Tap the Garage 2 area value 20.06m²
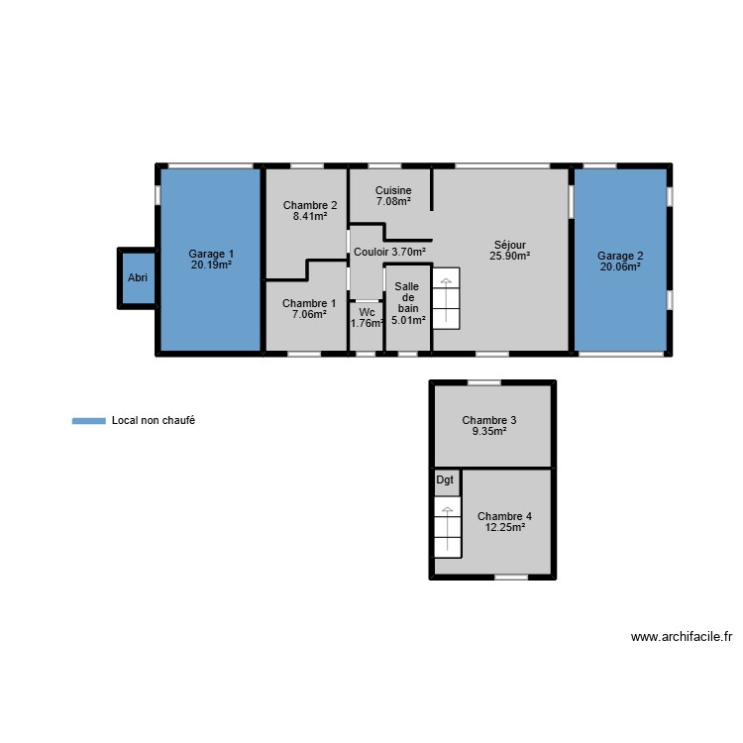tap(620, 266)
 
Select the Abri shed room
tap(138, 278)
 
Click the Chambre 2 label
tap(310, 206)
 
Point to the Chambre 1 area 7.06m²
tap(309, 315)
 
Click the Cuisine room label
tap(393, 190)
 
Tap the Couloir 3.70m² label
tap(389, 252)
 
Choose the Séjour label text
tap(510, 245)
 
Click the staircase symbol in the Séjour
tap(447, 298)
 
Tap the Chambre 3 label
tap(489, 420)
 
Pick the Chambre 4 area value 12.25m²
tap(504, 528)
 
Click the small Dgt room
tap(446, 480)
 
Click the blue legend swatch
tap(88, 421)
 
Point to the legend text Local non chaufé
tap(154, 421)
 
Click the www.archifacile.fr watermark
tap(681, 638)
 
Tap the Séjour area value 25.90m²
tap(510, 256)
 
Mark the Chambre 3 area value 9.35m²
tap(489, 431)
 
